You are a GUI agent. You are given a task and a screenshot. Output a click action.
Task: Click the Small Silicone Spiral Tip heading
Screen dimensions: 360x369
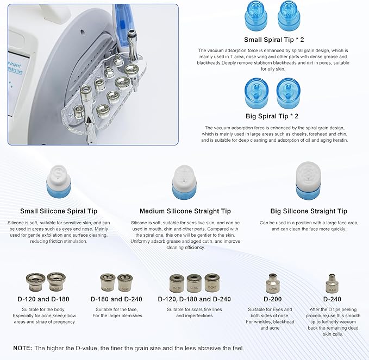[59, 211]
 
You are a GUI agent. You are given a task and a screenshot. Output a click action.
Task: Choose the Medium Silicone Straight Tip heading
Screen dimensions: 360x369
[185, 211]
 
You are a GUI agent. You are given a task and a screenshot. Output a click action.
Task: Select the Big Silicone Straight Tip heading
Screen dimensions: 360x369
[308, 211]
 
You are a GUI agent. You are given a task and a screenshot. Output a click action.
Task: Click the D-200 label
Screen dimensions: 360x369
[272, 299]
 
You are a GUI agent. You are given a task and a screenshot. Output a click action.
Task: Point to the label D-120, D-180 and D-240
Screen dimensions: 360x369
[194, 299]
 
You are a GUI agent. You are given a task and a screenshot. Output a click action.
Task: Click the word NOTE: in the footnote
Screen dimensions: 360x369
[23, 348]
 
